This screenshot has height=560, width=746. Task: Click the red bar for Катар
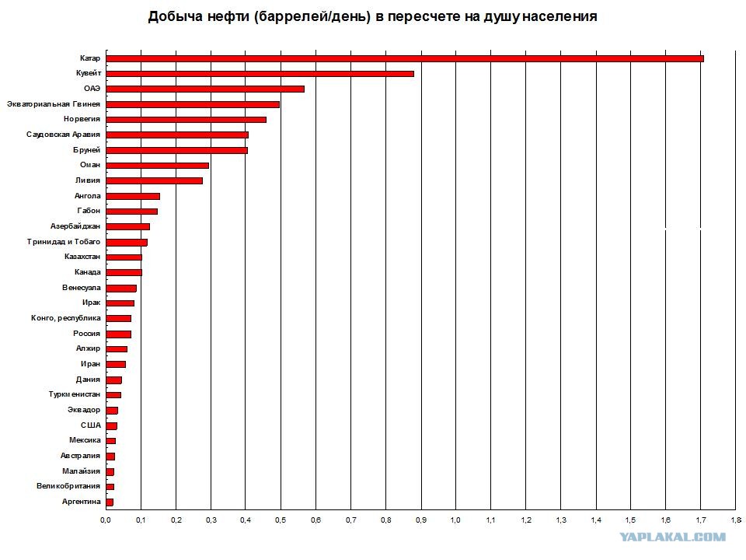coord(404,58)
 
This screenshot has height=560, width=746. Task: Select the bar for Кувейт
coord(260,74)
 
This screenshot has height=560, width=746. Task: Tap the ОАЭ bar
coord(204,89)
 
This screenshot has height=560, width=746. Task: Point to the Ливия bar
coord(154,180)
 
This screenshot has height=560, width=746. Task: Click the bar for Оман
coord(157,165)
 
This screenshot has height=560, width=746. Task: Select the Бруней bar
coord(176,150)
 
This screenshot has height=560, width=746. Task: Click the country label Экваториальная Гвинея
coord(53,104)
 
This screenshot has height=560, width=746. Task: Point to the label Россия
coord(86,334)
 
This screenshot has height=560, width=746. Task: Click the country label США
coord(90,425)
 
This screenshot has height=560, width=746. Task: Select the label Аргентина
coord(81,502)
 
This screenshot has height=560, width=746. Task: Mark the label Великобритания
coord(68,487)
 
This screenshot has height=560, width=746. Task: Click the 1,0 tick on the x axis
coord(455,520)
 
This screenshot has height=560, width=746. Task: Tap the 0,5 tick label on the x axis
coord(281,520)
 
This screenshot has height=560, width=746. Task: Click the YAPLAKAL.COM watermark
coord(673,537)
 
